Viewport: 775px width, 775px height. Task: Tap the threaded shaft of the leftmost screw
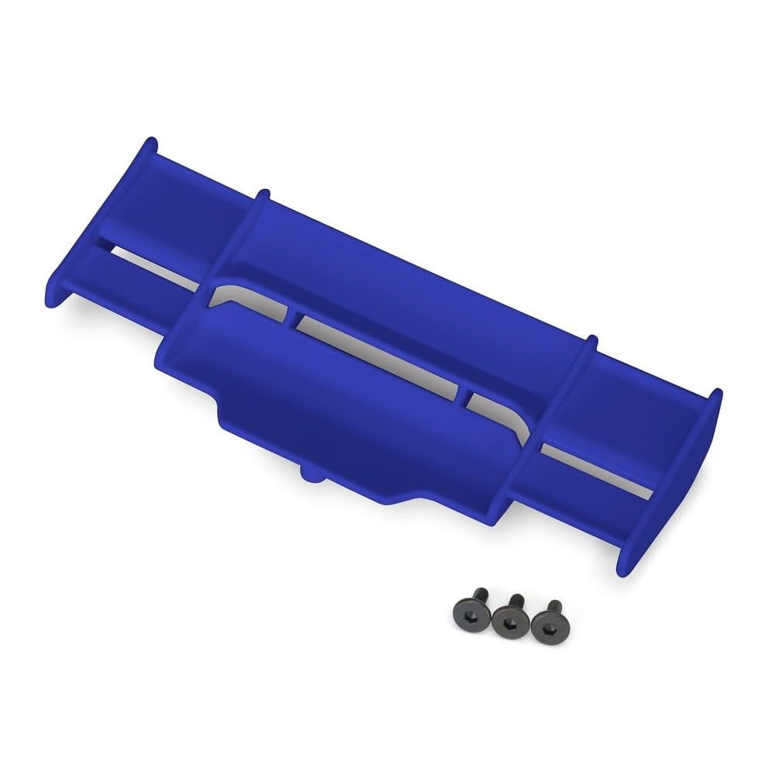467,601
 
